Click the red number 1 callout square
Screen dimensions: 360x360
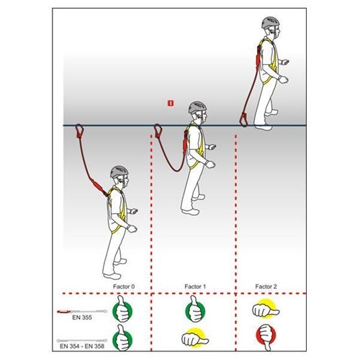tap(171, 104)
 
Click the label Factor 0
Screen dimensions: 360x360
tap(124, 287)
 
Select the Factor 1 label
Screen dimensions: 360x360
tap(195, 287)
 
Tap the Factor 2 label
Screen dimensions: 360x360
tap(266, 287)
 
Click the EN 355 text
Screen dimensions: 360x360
tap(82, 318)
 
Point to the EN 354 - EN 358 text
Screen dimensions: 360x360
tap(82, 346)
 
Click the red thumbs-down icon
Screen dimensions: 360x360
tap(266, 337)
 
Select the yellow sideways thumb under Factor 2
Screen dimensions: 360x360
tap(266, 309)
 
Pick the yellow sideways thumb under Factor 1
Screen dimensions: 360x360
tap(195, 338)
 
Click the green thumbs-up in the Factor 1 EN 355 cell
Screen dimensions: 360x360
tap(195, 310)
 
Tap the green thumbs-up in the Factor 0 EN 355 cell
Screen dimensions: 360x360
tap(122, 310)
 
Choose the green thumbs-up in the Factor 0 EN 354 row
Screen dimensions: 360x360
tap(122, 338)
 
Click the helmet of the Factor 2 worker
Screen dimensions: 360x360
tap(271, 23)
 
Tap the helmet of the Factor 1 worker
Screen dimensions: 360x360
tap(197, 107)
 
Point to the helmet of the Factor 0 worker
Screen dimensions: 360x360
tap(120, 172)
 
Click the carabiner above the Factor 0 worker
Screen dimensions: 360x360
tap(79, 131)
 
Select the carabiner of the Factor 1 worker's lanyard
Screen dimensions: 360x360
tap(158, 131)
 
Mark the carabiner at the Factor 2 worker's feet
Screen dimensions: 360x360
tap(245, 120)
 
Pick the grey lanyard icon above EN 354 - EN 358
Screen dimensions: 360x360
tap(82, 341)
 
